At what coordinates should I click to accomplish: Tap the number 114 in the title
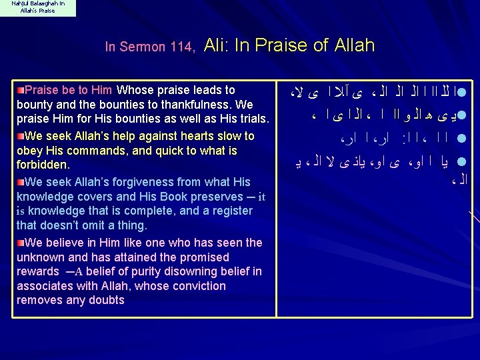point(180,47)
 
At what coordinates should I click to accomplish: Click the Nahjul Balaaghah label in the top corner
point(37,8)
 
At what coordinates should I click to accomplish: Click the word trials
point(252,119)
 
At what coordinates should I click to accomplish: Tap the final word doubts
point(109,300)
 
